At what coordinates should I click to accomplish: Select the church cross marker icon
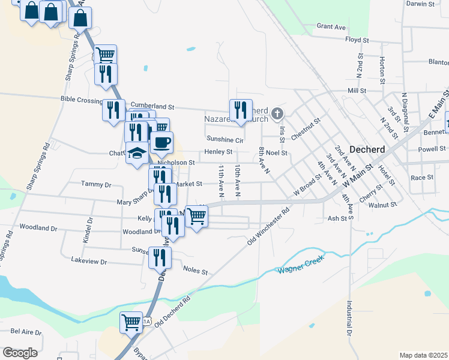pyautogui.click(x=277, y=112)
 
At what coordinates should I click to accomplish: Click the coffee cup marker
pyautogui.click(x=161, y=143)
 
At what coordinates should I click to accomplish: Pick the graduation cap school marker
pyautogui.click(x=137, y=153)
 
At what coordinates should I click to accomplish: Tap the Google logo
pyautogui.click(x=20, y=353)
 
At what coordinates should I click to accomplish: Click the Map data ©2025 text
pyautogui.click(x=423, y=355)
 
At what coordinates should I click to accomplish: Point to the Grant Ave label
pyautogui.click(x=331, y=27)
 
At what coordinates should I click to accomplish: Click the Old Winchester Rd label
pyautogui.click(x=270, y=226)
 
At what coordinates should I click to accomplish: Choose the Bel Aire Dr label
pyautogui.click(x=26, y=331)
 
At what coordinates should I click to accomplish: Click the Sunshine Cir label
pyautogui.click(x=224, y=139)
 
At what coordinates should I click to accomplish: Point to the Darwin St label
pyautogui.click(x=420, y=4)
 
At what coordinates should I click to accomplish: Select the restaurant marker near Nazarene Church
pyautogui.click(x=240, y=110)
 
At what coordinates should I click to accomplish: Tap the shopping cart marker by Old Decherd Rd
pyautogui.click(x=131, y=322)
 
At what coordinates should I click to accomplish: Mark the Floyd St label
pyautogui.click(x=357, y=40)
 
